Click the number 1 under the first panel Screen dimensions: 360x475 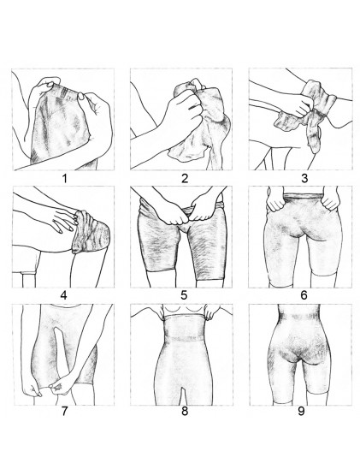(64, 178)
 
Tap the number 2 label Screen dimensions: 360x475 (185, 178)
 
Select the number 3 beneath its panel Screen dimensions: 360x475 (304, 178)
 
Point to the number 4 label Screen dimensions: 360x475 (63, 295)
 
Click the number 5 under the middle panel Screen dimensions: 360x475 (184, 295)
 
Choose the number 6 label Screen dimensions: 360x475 (304, 295)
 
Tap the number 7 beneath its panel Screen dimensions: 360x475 (64, 412)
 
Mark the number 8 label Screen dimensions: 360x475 (185, 412)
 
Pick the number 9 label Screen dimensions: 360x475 (301, 412)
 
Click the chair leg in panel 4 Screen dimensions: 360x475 (29, 280)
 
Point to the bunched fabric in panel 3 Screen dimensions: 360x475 (306, 109)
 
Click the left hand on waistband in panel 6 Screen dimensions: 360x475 (275, 200)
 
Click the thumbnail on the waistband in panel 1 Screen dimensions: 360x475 (82, 97)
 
